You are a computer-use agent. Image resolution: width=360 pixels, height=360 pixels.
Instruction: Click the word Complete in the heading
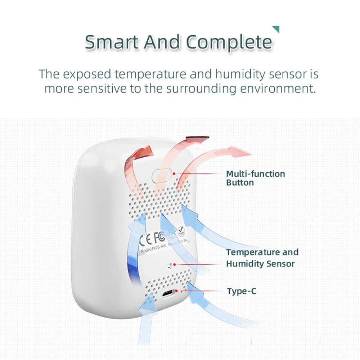coord(229,42)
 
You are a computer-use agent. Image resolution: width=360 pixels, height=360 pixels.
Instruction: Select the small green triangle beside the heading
coord(276,29)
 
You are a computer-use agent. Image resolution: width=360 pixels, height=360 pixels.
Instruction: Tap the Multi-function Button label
coord(255,178)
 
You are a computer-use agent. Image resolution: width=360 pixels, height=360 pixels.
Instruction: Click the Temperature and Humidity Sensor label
coord(262,258)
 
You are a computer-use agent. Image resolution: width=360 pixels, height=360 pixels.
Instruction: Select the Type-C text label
coord(242,291)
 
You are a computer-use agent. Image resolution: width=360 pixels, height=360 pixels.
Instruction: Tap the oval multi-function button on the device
coord(161,176)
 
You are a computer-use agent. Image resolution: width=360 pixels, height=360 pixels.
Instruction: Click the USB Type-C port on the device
coord(169,294)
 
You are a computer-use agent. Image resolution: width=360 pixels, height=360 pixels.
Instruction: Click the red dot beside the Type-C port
coord(181,291)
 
